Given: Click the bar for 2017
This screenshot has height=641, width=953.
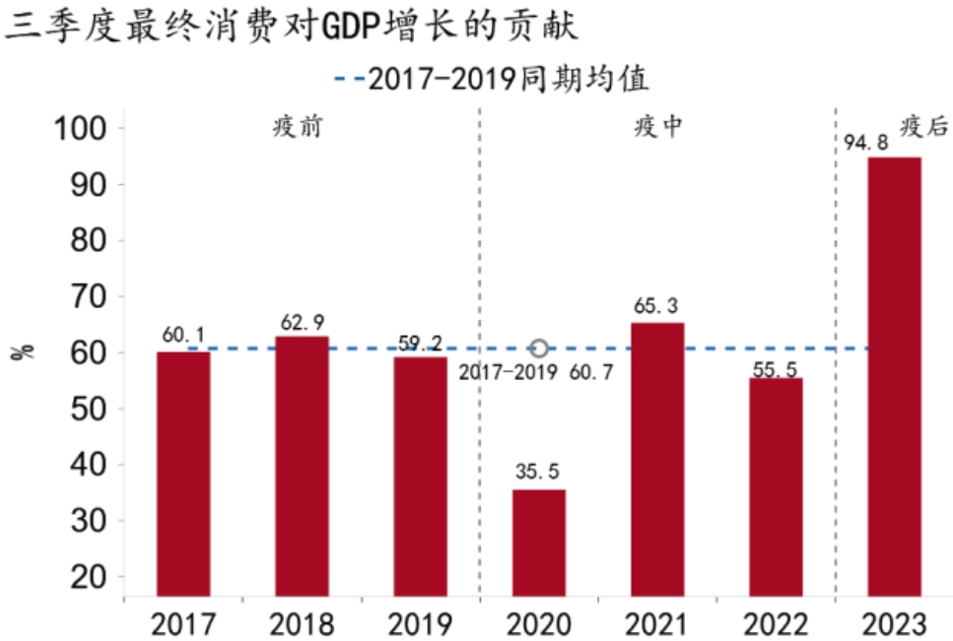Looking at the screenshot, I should tap(183, 474).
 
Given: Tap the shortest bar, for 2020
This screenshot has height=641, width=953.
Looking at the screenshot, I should tap(539, 543).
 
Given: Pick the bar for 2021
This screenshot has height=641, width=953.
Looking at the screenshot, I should tap(657, 459).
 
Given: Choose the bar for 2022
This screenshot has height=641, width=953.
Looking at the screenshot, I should tap(776, 486).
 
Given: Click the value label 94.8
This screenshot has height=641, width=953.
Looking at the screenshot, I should tap(866, 142).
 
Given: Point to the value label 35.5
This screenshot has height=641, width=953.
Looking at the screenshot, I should tap(539, 473).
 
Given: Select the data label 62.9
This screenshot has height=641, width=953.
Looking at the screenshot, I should tap(302, 321).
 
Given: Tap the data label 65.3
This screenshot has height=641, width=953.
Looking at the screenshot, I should tap(657, 306).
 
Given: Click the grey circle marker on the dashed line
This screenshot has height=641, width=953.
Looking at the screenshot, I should tap(539, 349).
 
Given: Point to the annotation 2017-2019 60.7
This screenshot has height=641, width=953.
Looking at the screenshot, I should tap(538, 372).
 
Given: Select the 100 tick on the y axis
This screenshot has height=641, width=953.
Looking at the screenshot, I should tap(78, 129).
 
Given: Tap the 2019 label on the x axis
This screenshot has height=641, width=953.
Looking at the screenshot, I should tap(420, 623).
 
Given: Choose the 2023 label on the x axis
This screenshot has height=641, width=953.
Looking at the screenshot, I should tap(894, 623).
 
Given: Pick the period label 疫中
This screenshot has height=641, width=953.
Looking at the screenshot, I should tap(657, 127).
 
